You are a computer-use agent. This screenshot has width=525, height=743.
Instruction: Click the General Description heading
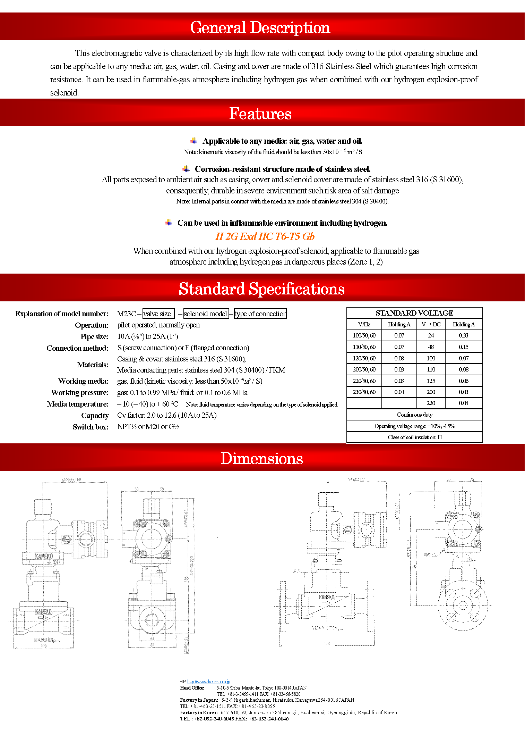coord(260,27)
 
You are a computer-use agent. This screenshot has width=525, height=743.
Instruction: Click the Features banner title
coord(260,114)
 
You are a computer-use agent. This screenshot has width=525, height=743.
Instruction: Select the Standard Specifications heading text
coord(261,289)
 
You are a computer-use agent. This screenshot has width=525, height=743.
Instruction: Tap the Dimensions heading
coord(262,458)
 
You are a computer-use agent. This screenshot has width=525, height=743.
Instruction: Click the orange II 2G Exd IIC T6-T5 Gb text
coord(265,236)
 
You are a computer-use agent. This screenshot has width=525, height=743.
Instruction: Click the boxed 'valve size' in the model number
coord(158,314)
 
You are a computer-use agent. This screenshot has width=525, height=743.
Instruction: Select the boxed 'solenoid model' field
coord(206,314)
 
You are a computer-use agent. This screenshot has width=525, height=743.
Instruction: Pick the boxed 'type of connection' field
coord(260,314)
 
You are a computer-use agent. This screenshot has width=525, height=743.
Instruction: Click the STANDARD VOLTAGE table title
coord(414,313)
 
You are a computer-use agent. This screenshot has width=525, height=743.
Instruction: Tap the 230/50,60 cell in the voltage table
coord(364,392)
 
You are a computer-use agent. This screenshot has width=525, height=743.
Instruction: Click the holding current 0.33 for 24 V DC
coord(463,335)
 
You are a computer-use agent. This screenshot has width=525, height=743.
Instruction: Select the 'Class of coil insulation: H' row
coord(415,437)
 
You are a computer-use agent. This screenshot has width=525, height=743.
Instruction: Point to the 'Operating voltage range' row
coord(415,426)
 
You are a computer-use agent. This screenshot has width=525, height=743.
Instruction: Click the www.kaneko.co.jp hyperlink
coord(208,682)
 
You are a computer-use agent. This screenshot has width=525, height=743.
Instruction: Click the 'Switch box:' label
coord(91,427)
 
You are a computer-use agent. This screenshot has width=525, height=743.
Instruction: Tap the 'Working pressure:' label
coord(80,393)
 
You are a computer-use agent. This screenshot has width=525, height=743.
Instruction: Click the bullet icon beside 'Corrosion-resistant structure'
coord(186,169)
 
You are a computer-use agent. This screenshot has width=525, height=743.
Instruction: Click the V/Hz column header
coord(364,324)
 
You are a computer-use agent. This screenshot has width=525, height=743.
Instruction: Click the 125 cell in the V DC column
coord(431,381)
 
